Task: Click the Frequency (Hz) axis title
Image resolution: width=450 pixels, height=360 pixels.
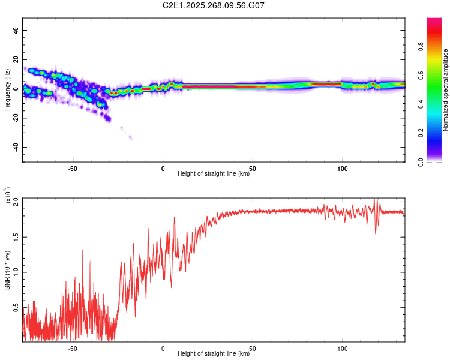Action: point(8,89)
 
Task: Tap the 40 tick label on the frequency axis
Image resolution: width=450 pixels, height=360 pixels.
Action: point(16,30)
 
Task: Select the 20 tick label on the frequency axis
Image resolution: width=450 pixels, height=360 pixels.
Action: point(16,59)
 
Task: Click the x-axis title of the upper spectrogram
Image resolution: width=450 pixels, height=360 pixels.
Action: point(214,173)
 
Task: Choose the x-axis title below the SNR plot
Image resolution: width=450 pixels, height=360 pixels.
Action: point(214,353)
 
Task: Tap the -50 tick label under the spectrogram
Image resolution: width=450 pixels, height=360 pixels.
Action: point(73,168)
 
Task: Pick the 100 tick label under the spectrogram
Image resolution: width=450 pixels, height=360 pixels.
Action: point(343,168)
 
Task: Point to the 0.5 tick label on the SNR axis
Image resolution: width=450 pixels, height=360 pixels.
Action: point(16,307)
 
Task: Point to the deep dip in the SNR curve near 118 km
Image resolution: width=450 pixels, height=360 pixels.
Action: point(376,233)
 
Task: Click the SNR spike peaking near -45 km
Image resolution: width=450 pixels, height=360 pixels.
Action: point(82,251)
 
